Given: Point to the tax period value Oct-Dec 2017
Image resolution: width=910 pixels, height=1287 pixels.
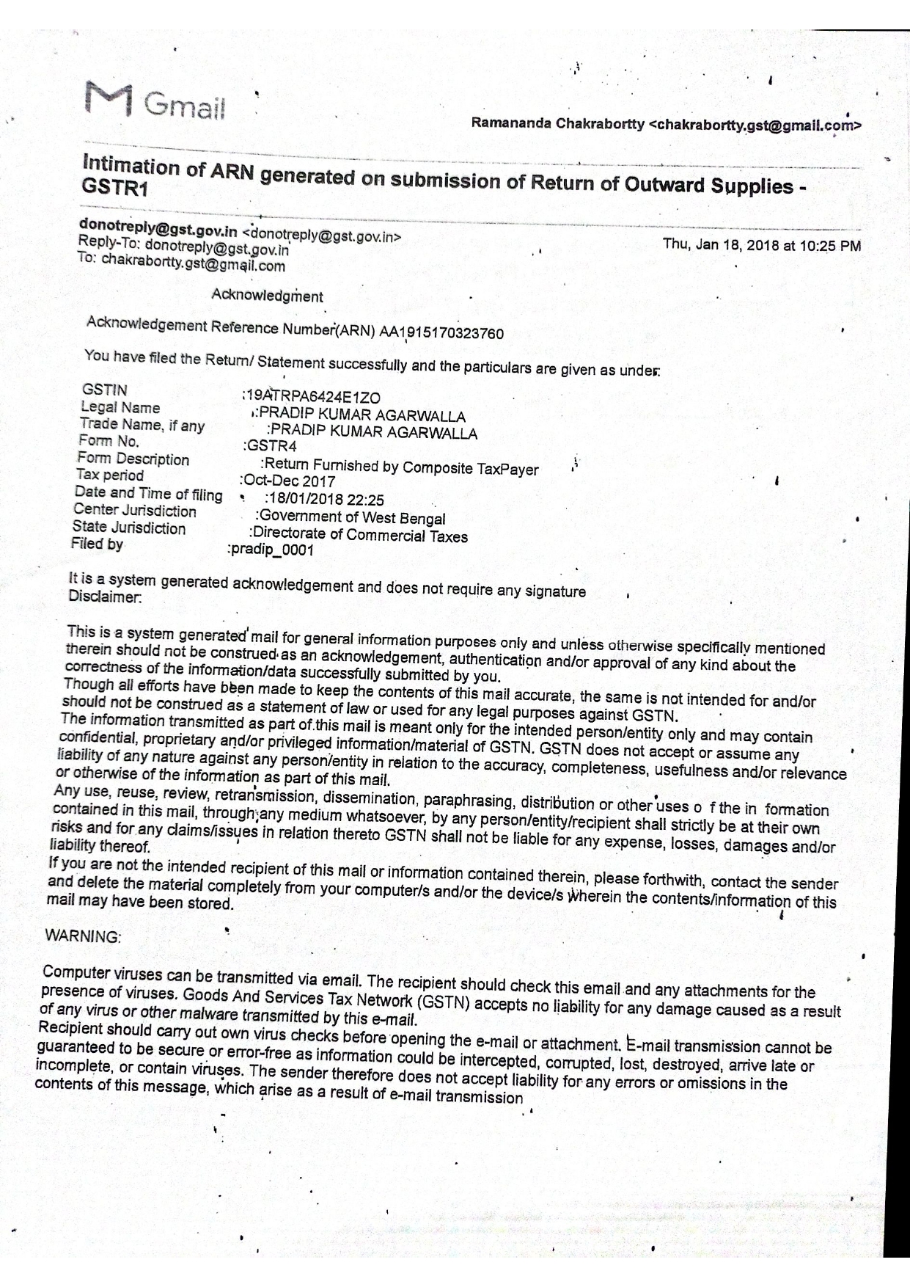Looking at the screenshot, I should [x=288, y=481].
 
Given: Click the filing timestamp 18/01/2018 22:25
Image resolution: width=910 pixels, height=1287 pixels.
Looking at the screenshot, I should [x=325, y=500].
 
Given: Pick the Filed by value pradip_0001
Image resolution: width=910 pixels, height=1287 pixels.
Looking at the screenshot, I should [x=272, y=550].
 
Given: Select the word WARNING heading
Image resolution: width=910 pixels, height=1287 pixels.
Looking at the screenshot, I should [x=83, y=937].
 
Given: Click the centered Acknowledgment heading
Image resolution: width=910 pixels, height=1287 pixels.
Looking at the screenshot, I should [x=267, y=296].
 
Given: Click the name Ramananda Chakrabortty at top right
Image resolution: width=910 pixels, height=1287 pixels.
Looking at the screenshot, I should [x=558, y=123].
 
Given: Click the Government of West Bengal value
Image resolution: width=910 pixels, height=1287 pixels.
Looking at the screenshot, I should [x=352, y=517].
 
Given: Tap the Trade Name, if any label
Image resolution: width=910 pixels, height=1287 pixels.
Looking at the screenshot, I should [x=142, y=425].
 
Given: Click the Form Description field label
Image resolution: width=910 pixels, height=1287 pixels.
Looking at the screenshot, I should [x=133, y=459].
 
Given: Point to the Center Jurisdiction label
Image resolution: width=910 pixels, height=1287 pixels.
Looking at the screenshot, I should [x=135, y=510].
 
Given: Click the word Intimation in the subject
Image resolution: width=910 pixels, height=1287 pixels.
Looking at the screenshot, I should [x=131, y=164].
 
